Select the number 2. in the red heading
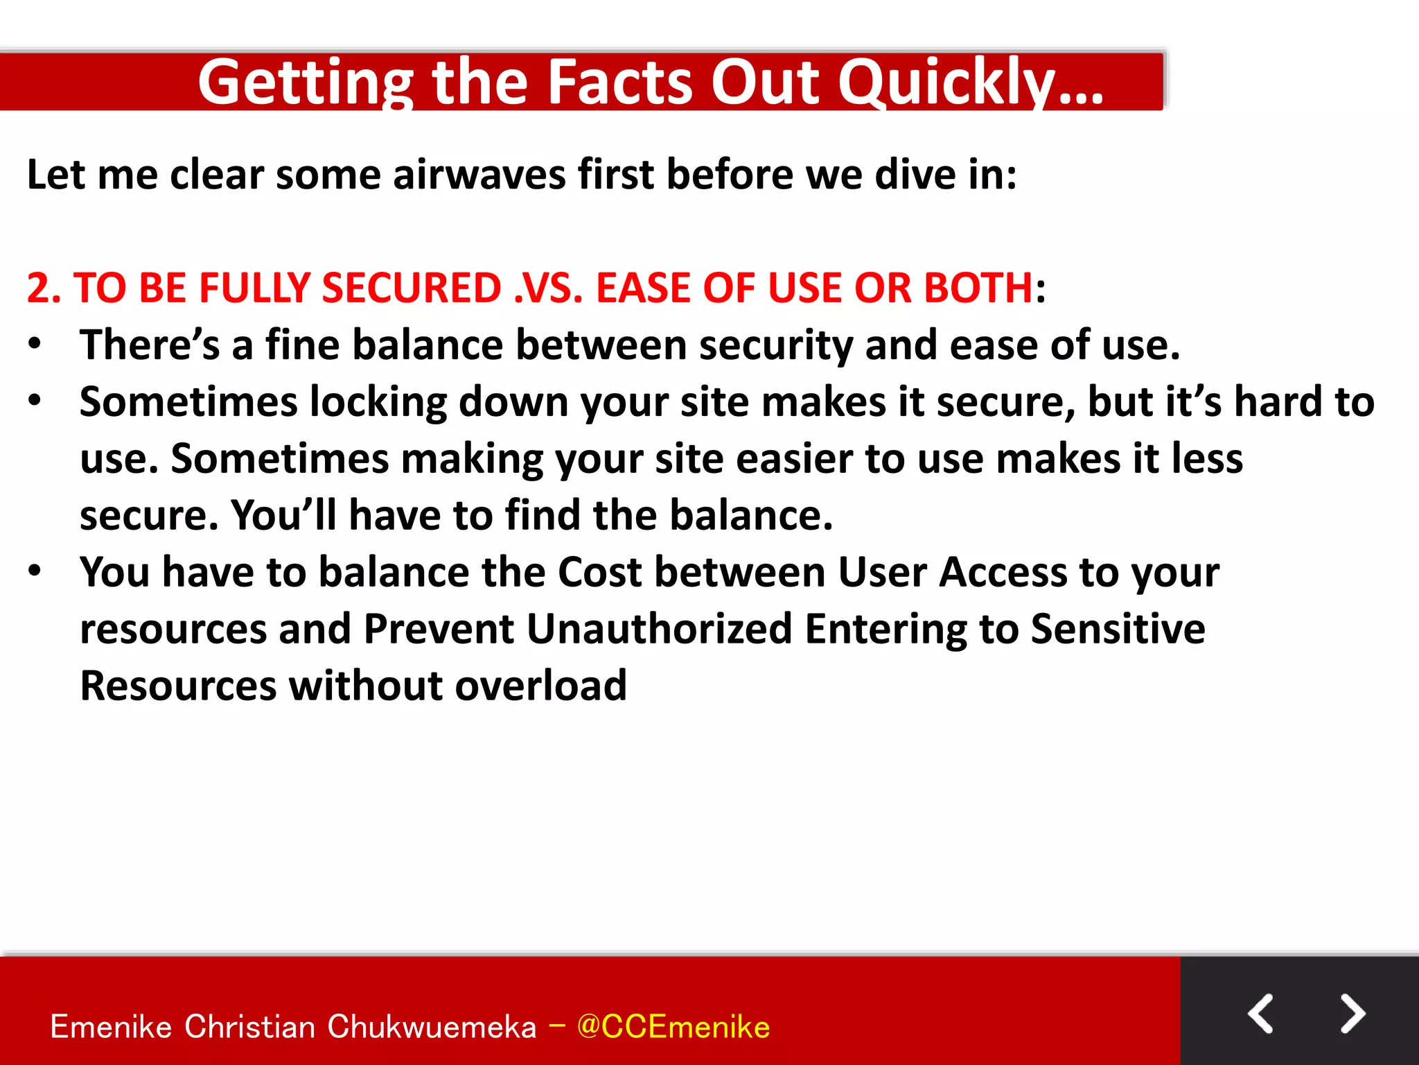pyautogui.click(x=44, y=288)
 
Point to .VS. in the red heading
pyautogui.click(x=548, y=288)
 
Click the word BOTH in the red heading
pyautogui.click(x=978, y=288)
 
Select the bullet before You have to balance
pyautogui.click(x=35, y=571)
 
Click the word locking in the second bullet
pyautogui.click(x=378, y=402)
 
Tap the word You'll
pyautogui.click(x=283, y=515)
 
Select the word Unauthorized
pyautogui.click(x=659, y=629)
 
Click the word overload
pyautogui.click(x=540, y=686)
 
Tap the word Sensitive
pyautogui.click(x=1118, y=629)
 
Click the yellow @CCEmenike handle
pyautogui.click(x=673, y=1027)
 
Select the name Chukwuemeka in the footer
pyautogui.click(x=432, y=1027)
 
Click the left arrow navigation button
pyautogui.click(x=1260, y=1014)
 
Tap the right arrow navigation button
pyautogui.click(x=1352, y=1014)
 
